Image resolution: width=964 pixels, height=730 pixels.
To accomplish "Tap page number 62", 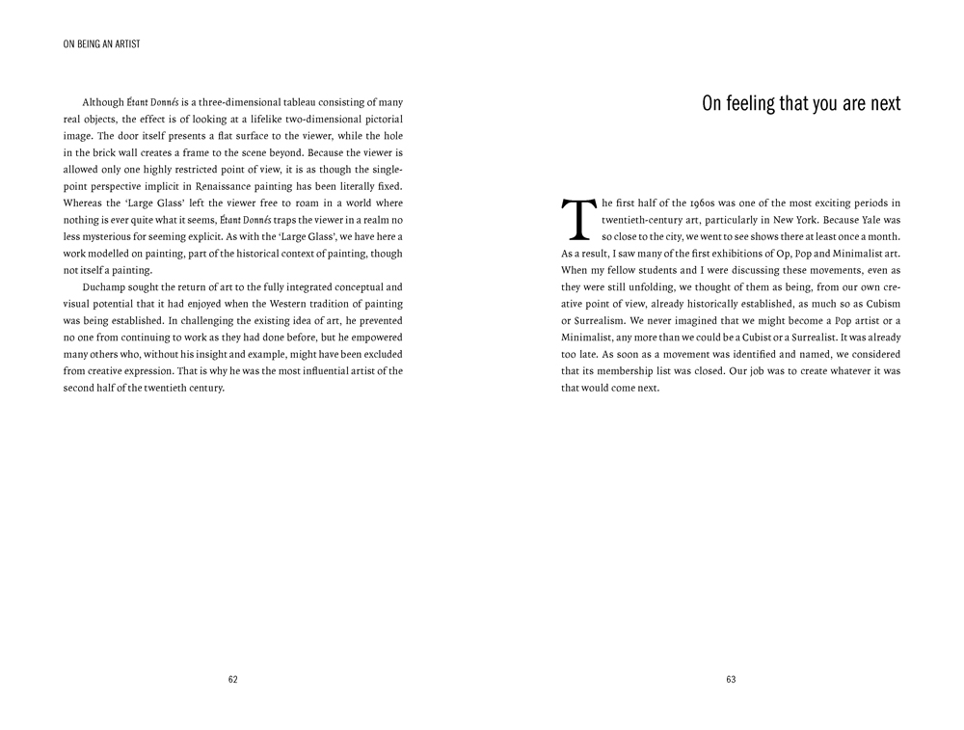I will pos(233,679).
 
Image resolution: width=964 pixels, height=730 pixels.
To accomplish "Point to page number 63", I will pos(731,679).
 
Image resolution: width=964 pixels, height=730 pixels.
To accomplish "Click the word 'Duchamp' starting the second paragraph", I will pos(104,287).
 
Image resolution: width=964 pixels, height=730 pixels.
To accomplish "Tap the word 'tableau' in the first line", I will pos(297,102).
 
